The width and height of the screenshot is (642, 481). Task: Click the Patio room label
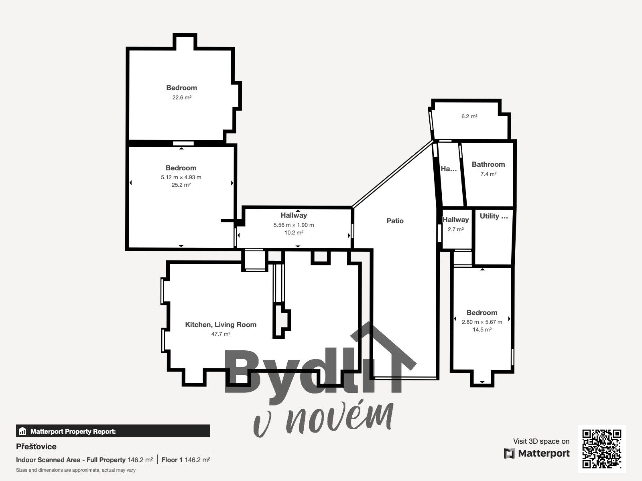(395, 221)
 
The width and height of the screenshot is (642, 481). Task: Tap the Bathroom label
(488, 164)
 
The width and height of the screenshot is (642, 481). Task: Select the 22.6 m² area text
(181, 97)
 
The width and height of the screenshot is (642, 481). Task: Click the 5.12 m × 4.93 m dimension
(181, 177)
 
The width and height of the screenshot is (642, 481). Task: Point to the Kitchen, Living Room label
(220, 325)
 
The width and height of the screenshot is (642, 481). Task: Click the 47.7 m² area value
(221, 334)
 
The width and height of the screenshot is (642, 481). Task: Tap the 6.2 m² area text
(469, 117)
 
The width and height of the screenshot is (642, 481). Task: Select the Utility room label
(494, 216)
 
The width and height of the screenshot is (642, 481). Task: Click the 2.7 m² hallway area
(455, 230)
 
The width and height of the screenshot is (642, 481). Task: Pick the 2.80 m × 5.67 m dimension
(481, 322)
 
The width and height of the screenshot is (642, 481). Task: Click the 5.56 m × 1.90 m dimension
(294, 225)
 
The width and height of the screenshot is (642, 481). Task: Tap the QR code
(601, 449)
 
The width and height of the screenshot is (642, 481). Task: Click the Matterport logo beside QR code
(537, 453)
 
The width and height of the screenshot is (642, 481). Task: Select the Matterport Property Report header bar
(113, 431)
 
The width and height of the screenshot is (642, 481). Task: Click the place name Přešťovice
(36, 447)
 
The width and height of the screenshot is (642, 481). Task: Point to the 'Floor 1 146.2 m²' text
(186, 460)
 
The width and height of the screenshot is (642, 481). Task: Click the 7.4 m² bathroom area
(488, 174)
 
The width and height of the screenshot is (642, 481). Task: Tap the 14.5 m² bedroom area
(481, 329)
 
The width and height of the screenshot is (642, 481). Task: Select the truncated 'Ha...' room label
(448, 169)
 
